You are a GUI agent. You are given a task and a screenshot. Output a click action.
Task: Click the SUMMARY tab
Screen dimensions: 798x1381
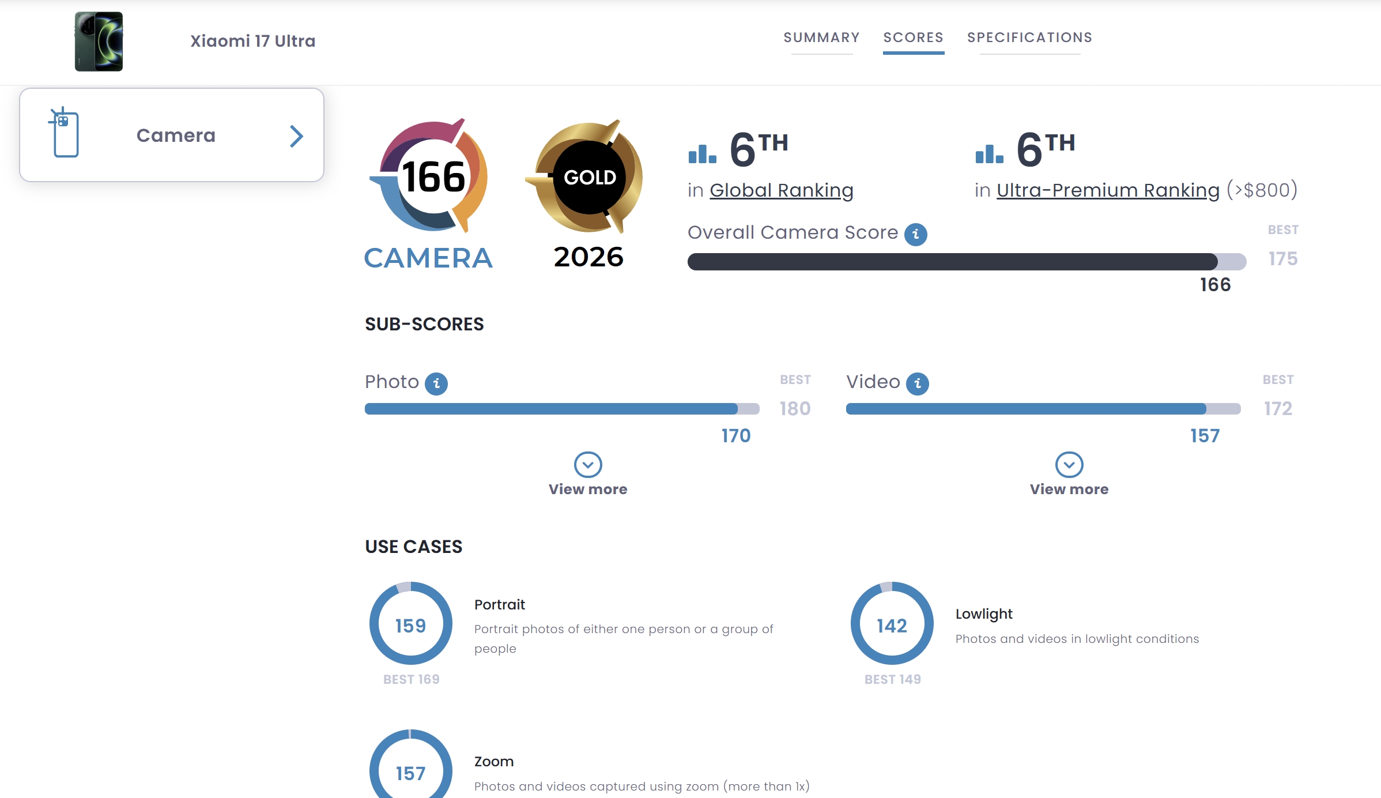(821, 38)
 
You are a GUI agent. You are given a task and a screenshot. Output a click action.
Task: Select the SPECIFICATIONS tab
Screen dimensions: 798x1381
(1029, 38)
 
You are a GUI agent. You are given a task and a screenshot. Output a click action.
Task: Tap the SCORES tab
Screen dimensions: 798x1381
(913, 38)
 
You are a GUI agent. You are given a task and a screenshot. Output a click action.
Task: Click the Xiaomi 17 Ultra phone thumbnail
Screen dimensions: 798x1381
(99, 42)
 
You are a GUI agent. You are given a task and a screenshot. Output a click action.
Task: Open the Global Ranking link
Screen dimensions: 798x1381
(781, 190)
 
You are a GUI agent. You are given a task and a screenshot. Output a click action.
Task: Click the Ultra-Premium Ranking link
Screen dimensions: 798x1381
(1108, 190)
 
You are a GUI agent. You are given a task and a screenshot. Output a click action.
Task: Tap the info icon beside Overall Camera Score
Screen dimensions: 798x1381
(915, 234)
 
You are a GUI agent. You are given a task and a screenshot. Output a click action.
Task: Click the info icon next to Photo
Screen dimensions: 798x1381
(436, 383)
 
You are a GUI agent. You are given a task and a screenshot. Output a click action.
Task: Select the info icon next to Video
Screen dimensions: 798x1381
(917, 383)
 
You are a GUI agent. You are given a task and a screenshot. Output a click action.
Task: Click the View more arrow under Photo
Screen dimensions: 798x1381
(588, 465)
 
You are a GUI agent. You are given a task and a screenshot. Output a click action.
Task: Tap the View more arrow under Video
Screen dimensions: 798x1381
(1069, 465)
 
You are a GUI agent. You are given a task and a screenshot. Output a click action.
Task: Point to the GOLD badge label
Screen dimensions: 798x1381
(590, 177)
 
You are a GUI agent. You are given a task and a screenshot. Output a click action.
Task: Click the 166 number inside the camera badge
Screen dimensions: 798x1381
(433, 177)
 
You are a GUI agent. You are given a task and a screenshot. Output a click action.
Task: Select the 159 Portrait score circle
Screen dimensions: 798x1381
(410, 624)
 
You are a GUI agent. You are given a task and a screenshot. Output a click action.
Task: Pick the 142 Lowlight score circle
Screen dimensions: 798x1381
(892, 624)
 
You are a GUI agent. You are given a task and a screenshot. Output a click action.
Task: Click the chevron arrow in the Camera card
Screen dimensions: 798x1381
(296, 136)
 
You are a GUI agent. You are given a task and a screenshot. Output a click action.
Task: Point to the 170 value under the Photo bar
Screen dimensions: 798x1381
(736, 436)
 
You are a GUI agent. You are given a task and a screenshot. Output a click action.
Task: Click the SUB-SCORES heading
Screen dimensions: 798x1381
(424, 324)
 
